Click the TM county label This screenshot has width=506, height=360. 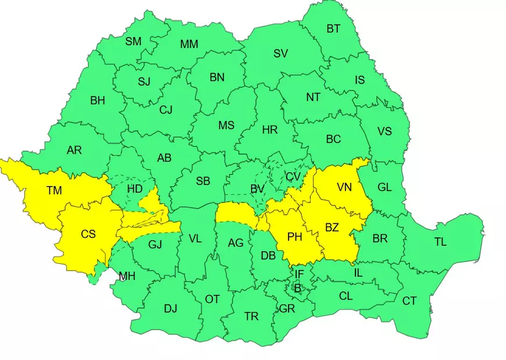pyautogui.click(x=54, y=189)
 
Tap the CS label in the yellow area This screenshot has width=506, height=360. pyautogui.click(x=88, y=234)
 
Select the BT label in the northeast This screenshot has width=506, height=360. pyautogui.click(x=333, y=28)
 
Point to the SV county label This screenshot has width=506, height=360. pyautogui.click(x=281, y=54)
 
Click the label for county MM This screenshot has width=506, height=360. pyautogui.click(x=189, y=44)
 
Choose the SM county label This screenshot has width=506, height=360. pyautogui.click(x=133, y=41)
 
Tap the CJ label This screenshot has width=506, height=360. pyautogui.click(x=166, y=109)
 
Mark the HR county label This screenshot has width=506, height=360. pyautogui.click(x=270, y=130)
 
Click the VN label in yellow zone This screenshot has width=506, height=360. pyautogui.click(x=344, y=187)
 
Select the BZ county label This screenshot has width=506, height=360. pyautogui.click(x=332, y=227)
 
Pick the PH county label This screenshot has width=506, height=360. pyautogui.click(x=295, y=237)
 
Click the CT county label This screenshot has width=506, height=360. pyautogui.click(x=409, y=301)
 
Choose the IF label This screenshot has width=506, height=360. pyautogui.click(x=299, y=274)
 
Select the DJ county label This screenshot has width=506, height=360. pyautogui.click(x=170, y=308)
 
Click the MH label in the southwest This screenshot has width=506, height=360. pyautogui.click(x=127, y=276)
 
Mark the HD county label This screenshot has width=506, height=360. pyautogui.click(x=135, y=189)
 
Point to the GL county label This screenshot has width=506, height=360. pyautogui.click(x=384, y=187)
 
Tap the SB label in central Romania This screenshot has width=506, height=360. pyautogui.click(x=203, y=181)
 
